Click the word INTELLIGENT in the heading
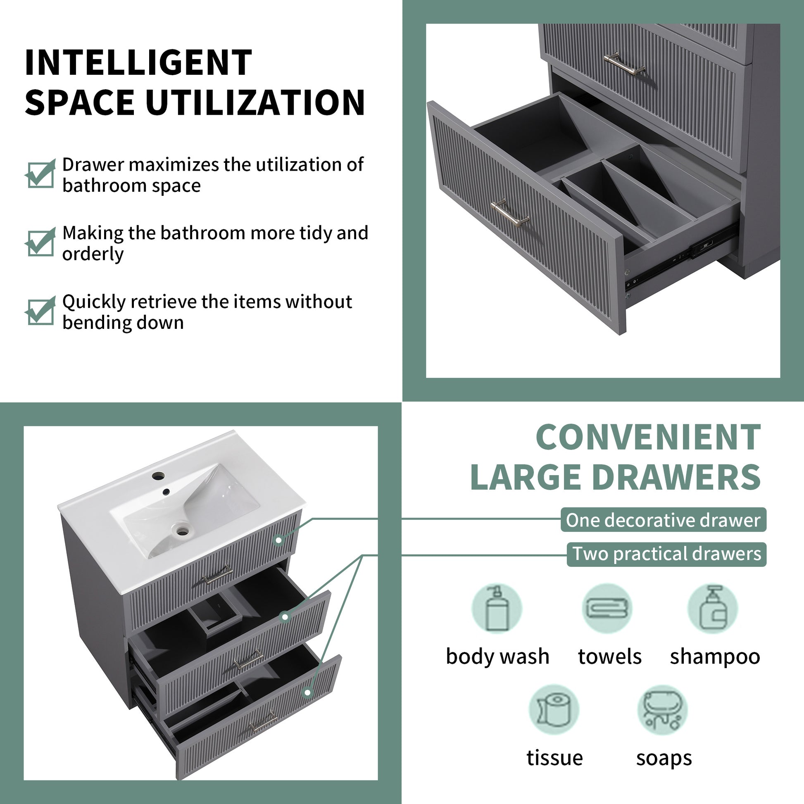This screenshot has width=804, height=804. (138, 62)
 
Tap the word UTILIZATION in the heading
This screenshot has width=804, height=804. (255, 102)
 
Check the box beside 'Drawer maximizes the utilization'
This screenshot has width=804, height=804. (40, 174)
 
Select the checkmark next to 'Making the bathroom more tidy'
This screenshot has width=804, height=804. (40, 242)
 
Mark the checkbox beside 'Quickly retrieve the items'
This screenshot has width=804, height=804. (40, 311)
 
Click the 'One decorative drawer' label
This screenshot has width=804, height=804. (664, 520)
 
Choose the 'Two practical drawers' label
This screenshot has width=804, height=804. (667, 554)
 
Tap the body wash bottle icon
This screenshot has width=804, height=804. (497, 609)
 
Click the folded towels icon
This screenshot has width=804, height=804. (607, 609)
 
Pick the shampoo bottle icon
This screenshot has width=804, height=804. (713, 609)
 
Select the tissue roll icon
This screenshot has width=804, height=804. (554, 710)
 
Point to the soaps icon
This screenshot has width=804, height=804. (663, 710)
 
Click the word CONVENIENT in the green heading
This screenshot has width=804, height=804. (648, 437)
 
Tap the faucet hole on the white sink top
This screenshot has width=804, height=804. (159, 475)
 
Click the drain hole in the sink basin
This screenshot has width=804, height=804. (182, 530)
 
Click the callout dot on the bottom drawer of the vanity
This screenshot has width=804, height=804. (307, 692)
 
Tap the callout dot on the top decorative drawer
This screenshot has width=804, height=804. (279, 540)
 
